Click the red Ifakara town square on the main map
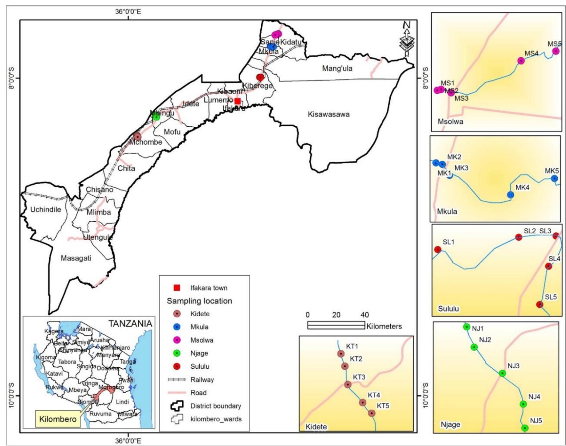coord(237,101)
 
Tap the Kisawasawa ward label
coord(328,114)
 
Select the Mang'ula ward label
coord(337,68)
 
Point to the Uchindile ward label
coord(46,210)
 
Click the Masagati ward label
coord(76,258)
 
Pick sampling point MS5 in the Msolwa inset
coord(556,51)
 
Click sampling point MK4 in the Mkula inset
coord(511,195)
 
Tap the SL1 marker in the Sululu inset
coord(438,249)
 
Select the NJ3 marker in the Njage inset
coord(502,373)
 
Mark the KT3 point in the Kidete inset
coord(348,384)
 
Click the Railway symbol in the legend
coord(177,379)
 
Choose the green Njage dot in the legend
coord(177,353)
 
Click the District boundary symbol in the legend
coord(177,406)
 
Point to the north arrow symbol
coord(407,39)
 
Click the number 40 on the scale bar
coord(364,315)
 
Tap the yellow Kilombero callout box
coord(58,419)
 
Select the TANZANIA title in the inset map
coord(130,323)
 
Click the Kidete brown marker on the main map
coord(137,137)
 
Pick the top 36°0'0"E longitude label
coord(128,12)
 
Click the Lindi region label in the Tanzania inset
coord(122,402)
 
